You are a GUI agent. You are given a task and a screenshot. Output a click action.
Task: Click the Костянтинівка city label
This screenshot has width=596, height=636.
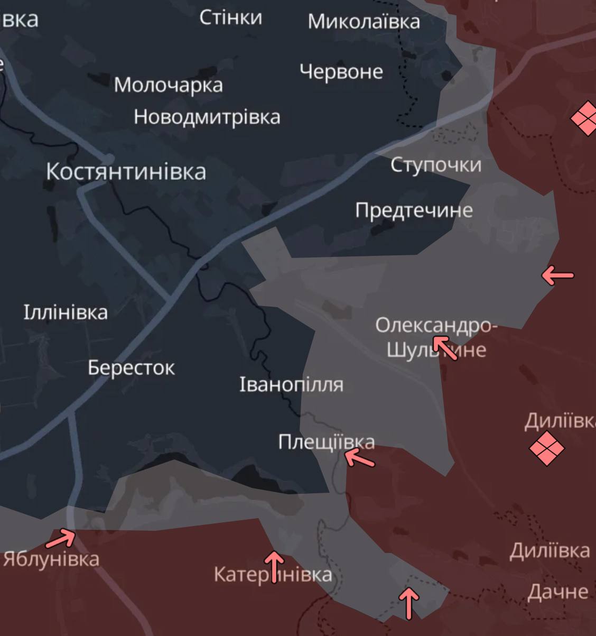(x=126, y=172)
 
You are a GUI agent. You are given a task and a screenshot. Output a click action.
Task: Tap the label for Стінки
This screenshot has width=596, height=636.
(x=230, y=18)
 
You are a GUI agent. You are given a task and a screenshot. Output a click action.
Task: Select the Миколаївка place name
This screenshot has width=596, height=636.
(x=364, y=22)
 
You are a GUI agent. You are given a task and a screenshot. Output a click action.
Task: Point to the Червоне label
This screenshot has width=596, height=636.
(x=341, y=71)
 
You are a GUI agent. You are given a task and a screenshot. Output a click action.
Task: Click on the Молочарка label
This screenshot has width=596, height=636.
(x=168, y=85)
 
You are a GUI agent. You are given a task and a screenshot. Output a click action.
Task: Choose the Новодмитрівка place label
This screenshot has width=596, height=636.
(x=207, y=117)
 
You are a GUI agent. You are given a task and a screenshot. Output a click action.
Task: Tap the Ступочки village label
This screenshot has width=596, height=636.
(x=436, y=165)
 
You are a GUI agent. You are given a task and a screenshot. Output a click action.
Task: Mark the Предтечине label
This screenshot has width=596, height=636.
(x=414, y=210)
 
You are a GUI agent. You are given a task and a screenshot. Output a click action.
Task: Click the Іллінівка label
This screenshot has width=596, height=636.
(x=66, y=312)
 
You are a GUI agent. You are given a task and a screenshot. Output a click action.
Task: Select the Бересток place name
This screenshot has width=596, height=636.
(x=131, y=368)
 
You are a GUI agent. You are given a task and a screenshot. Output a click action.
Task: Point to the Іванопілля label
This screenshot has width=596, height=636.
(x=291, y=384)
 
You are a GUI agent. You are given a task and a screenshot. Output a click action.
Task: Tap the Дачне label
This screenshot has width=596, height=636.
(x=557, y=592)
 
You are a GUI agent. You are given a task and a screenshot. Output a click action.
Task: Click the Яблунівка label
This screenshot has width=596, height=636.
(x=51, y=559)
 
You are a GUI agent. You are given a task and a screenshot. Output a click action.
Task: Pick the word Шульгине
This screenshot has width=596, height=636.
(x=436, y=350)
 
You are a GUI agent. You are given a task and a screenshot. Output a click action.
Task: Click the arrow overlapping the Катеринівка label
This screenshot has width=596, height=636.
(x=274, y=566)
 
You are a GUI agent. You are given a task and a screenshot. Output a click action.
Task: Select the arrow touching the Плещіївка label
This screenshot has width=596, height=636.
(x=359, y=457)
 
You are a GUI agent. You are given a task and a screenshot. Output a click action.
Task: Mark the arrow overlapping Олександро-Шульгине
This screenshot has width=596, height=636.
(x=445, y=347)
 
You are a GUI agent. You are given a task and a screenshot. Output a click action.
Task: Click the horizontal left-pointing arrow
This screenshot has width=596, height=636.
(x=557, y=275)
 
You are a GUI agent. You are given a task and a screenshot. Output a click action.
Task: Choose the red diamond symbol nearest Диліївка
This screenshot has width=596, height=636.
(x=547, y=448)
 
